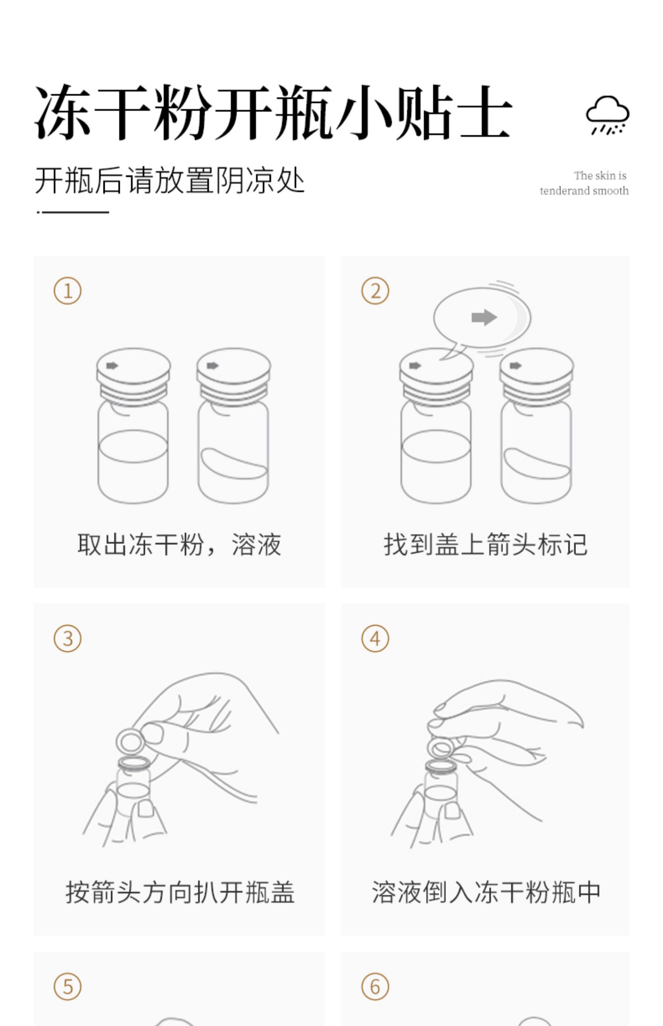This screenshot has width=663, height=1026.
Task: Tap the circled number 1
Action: point(68,291)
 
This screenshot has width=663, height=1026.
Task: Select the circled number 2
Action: point(375,291)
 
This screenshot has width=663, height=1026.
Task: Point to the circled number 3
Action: point(68,639)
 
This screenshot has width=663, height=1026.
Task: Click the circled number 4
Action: point(375,639)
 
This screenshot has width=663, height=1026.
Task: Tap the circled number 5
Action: point(68,987)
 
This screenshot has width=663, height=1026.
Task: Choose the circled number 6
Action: point(375,987)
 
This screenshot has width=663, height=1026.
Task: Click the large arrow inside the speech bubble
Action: point(484,317)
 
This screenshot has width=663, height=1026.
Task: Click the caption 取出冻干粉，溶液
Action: point(179,544)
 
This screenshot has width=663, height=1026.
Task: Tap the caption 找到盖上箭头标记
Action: point(485,544)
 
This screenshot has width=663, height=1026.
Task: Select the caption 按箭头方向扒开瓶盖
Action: point(180,892)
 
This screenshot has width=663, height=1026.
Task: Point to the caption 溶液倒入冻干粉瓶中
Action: point(486,892)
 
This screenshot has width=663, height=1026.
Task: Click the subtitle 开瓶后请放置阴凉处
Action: point(170,180)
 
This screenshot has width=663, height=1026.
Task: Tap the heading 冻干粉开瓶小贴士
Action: point(273,112)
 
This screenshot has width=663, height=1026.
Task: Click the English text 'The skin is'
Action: point(600,176)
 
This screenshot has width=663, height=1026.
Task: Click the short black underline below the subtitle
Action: point(73,213)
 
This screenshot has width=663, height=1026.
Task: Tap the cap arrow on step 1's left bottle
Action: point(112,365)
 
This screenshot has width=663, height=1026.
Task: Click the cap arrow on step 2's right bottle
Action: point(515,365)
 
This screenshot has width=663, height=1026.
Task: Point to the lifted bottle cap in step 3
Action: point(130,741)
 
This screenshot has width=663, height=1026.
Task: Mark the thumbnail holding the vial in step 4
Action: point(452,810)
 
